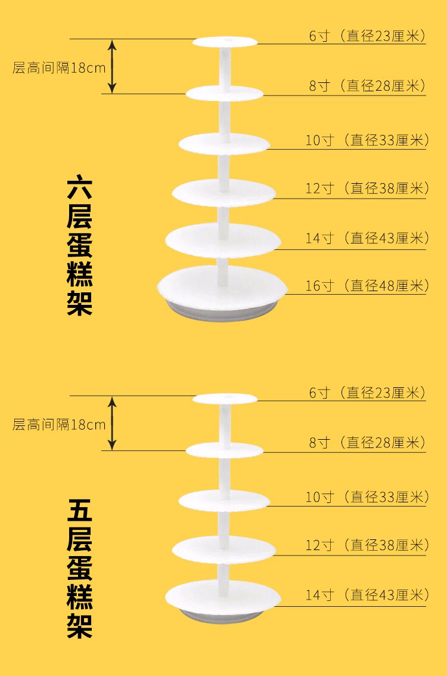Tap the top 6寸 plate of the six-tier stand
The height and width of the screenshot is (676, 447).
coord(225,42)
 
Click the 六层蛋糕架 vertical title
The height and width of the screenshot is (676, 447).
coord(79,245)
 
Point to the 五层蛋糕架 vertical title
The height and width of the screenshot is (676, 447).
coord(79,570)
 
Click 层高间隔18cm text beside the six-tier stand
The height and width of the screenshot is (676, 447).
coord(59,67)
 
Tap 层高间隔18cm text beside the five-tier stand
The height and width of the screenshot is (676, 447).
coord(59,425)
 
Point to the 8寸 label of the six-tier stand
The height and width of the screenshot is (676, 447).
coord(367,86)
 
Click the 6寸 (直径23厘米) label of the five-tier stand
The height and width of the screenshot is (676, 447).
coord(367,393)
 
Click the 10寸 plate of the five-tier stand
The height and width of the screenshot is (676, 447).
coord(224,500)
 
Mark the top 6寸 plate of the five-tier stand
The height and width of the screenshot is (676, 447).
coord(225,399)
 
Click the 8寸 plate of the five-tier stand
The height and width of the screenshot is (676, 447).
coord(224,449)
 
